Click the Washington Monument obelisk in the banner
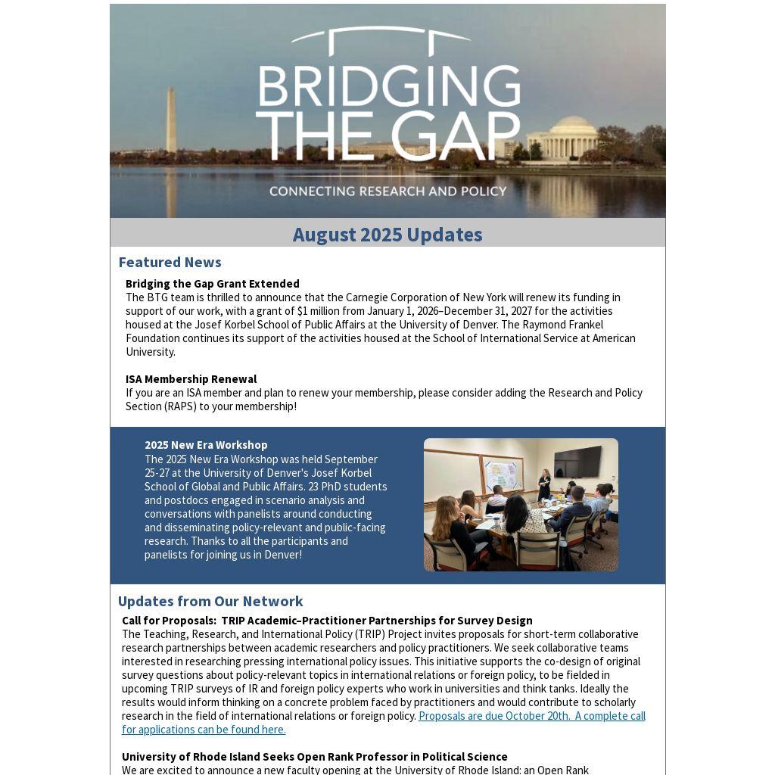[x=171, y=121]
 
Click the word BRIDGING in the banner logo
[x=388, y=86]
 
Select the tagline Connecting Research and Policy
[x=387, y=191]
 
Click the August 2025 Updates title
[x=387, y=235]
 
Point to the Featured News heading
[x=170, y=262]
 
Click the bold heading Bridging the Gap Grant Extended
[x=213, y=284]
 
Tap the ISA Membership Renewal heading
[x=191, y=379]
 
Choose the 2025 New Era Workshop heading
[x=206, y=445]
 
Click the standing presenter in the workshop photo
[x=544, y=484]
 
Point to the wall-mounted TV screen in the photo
[x=577, y=462]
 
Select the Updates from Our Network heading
[x=210, y=601]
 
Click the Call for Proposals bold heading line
[x=327, y=621]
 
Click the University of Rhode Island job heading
[x=315, y=757]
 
